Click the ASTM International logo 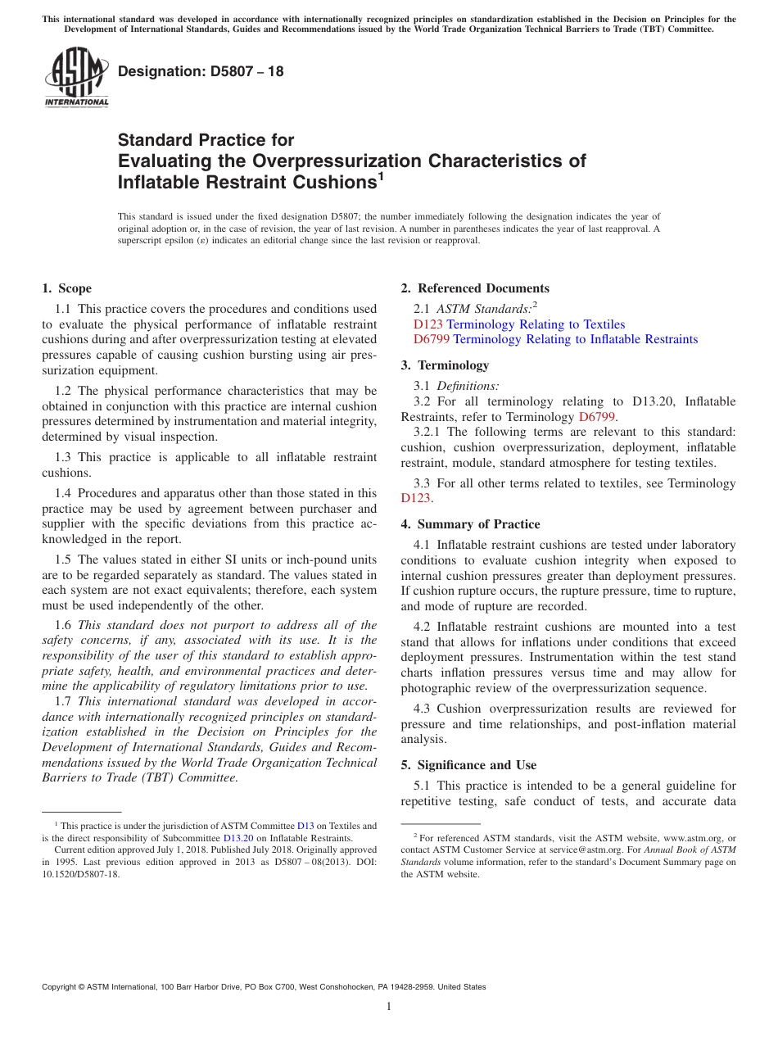pos(76,77)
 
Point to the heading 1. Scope pos(66,288)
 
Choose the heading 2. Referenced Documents pos(475,288)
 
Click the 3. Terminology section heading pos(445,365)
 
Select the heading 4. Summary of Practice pos(470,524)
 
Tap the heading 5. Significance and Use pos(468,765)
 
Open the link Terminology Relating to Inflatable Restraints pos(575,339)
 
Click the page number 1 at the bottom pos(389,1006)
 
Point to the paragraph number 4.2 pos(423,627)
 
